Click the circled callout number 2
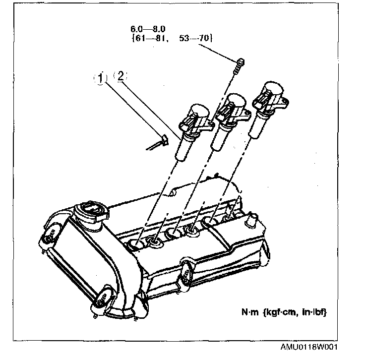(x=120, y=76)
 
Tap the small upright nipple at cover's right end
(x=251, y=218)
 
